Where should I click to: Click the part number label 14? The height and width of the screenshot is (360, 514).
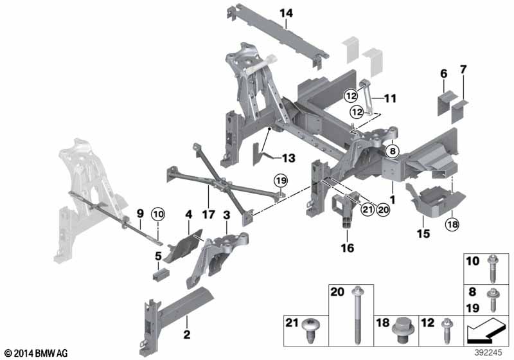click(x=285, y=12)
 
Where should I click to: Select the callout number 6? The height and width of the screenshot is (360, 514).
click(x=443, y=75)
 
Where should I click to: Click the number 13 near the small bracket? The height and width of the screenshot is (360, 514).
click(x=289, y=157)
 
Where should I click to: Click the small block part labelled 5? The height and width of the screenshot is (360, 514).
click(x=161, y=276)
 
